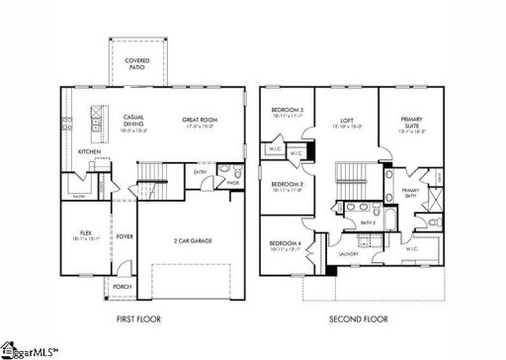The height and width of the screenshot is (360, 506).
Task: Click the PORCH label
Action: point(122,287)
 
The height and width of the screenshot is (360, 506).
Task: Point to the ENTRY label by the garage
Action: point(201,171)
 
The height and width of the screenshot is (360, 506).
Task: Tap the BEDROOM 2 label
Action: point(286,184)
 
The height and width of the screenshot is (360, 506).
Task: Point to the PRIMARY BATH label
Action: point(410,193)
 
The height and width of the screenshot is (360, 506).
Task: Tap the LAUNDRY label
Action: point(347,254)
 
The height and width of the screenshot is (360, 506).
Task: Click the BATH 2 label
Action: point(368,224)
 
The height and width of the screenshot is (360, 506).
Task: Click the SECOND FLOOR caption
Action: point(357,320)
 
